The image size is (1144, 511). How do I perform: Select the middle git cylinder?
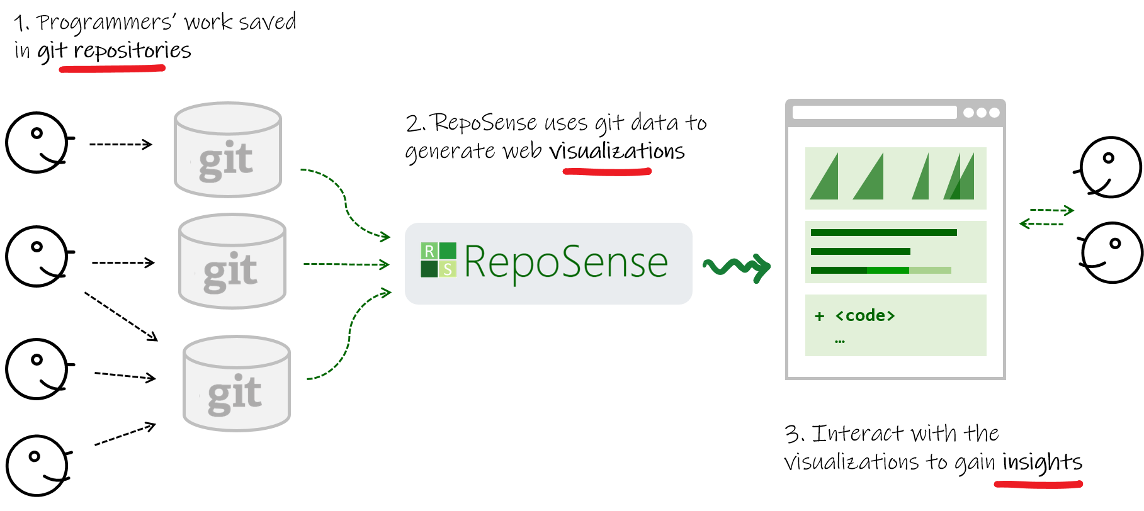(x=232, y=261)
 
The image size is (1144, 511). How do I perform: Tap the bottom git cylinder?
(x=236, y=383)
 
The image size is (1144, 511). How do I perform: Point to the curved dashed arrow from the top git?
(x=345, y=201)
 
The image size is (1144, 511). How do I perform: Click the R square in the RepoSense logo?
(x=429, y=251)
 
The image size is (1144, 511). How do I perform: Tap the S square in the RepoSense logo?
(x=448, y=269)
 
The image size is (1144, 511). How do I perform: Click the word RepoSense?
(x=565, y=262)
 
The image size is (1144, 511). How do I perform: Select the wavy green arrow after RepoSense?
(x=736, y=268)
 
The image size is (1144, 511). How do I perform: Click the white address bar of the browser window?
(x=874, y=113)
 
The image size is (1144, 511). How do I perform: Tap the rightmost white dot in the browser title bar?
(x=994, y=113)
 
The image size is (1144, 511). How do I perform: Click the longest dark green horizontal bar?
(x=883, y=233)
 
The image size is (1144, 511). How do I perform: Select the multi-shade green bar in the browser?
(x=880, y=271)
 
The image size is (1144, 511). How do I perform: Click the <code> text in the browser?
(x=864, y=316)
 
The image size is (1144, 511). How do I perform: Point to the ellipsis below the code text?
(x=839, y=341)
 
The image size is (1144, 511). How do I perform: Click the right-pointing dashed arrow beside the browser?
(x=1051, y=210)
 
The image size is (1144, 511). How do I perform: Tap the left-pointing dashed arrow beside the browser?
(x=1041, y=224)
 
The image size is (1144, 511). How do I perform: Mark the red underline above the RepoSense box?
(x=607, y=171)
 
